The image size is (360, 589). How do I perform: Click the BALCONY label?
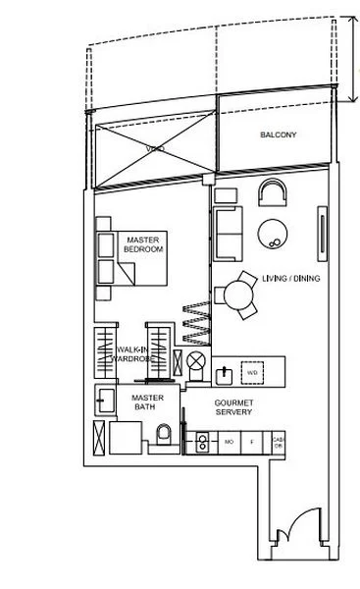[278, 134]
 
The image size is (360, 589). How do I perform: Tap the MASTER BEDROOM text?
[142, 244]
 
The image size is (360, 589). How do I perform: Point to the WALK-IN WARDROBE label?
[132, 353]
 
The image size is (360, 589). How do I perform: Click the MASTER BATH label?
[147, 402]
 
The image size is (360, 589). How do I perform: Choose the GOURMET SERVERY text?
[234, 407]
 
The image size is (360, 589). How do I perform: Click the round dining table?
[238, 294]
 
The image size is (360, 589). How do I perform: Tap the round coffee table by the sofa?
[272, 232]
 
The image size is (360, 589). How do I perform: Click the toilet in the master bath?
[164, 434]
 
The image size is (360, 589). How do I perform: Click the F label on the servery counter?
[253, 443]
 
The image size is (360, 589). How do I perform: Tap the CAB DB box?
[278, 443]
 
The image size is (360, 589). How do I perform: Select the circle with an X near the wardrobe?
[195, 362]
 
